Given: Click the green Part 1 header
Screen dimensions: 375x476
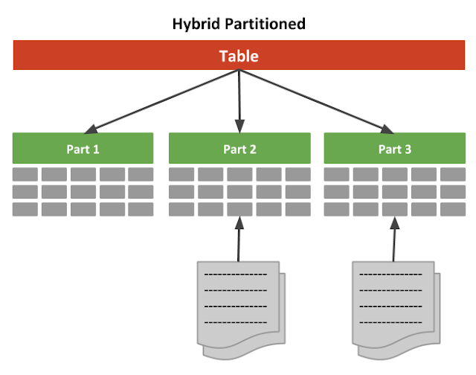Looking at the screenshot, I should coord(83,148).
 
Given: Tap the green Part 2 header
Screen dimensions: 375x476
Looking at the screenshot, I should coord(239,148).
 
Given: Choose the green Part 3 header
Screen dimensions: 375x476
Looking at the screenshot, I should coord(394,148).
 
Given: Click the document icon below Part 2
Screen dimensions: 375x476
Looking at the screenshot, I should coord(238,305).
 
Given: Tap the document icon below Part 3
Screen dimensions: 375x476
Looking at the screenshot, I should coord(394,305).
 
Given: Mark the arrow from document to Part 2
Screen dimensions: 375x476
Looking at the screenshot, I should coord(238,238).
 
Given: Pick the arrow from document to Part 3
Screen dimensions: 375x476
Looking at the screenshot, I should coord(394,238).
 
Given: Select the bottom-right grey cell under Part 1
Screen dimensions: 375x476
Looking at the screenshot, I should coord(141,209).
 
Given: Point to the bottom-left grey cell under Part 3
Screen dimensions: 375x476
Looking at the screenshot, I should coord(337,209).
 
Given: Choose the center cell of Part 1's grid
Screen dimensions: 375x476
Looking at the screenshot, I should coord(83,192).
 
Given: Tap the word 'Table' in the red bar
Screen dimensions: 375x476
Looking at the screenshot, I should coord(239,56).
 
